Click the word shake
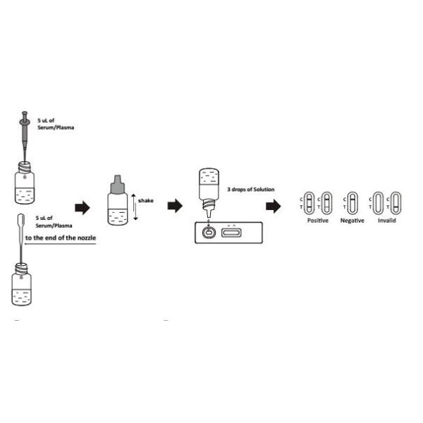pyautogui.click(x=146, y=200)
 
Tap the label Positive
pyautogui.click(x=318, y=221)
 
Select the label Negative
pyautogui.click(x=352, y=221)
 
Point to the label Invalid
pyautogui.click(x=387, y=221)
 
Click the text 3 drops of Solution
pyautogui.click(x=251, y=190)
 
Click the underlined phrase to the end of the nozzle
pyautogui.click(x=61, y=238)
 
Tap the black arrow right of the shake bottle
pyautogui.click(x=175, y=206)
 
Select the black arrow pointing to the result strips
pyautogui.click(x=273, y=206)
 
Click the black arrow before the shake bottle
pyautogui.click(x=82, y=208)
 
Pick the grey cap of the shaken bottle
pyautogui.click(x=118, y=185)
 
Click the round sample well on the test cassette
pyautogui.click(x=209, y=232)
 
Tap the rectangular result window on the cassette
pyautogui.click(x=231, y=233)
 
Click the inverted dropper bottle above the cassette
pyautogui.click(x=209, y=192)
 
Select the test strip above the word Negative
pyautogui.click(x=352, y=203)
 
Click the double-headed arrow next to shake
pyautogui.click(x=135, y=207)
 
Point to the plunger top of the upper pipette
pyautogui.click(x=25, y=113)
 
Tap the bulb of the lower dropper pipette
pyautogui.click(x=21, y=221)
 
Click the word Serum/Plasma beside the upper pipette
pyautogui.click(x=56, y=128)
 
